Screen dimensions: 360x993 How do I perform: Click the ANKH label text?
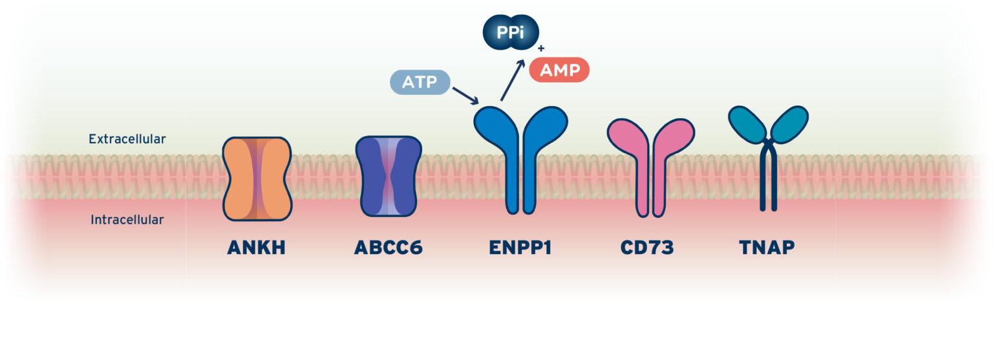(x=257, y=248)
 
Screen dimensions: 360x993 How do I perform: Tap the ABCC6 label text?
(x=388, y=248)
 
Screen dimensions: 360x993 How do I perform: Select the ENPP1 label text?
(x=520, y=248)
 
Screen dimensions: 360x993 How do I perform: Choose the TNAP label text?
(x=767, y=248)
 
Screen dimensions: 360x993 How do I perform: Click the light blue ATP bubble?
(x=420, y=82)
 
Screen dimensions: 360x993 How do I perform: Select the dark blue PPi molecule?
(x=511, y=32)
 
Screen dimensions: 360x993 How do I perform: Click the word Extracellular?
(x=127, y=138)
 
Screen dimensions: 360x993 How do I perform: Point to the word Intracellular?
(x=127, y=220)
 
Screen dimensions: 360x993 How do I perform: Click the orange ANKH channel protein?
(x=257, y=178)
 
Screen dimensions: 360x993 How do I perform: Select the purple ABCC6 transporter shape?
(x=389, y=176)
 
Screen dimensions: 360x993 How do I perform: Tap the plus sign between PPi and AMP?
(x=540, y=48)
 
